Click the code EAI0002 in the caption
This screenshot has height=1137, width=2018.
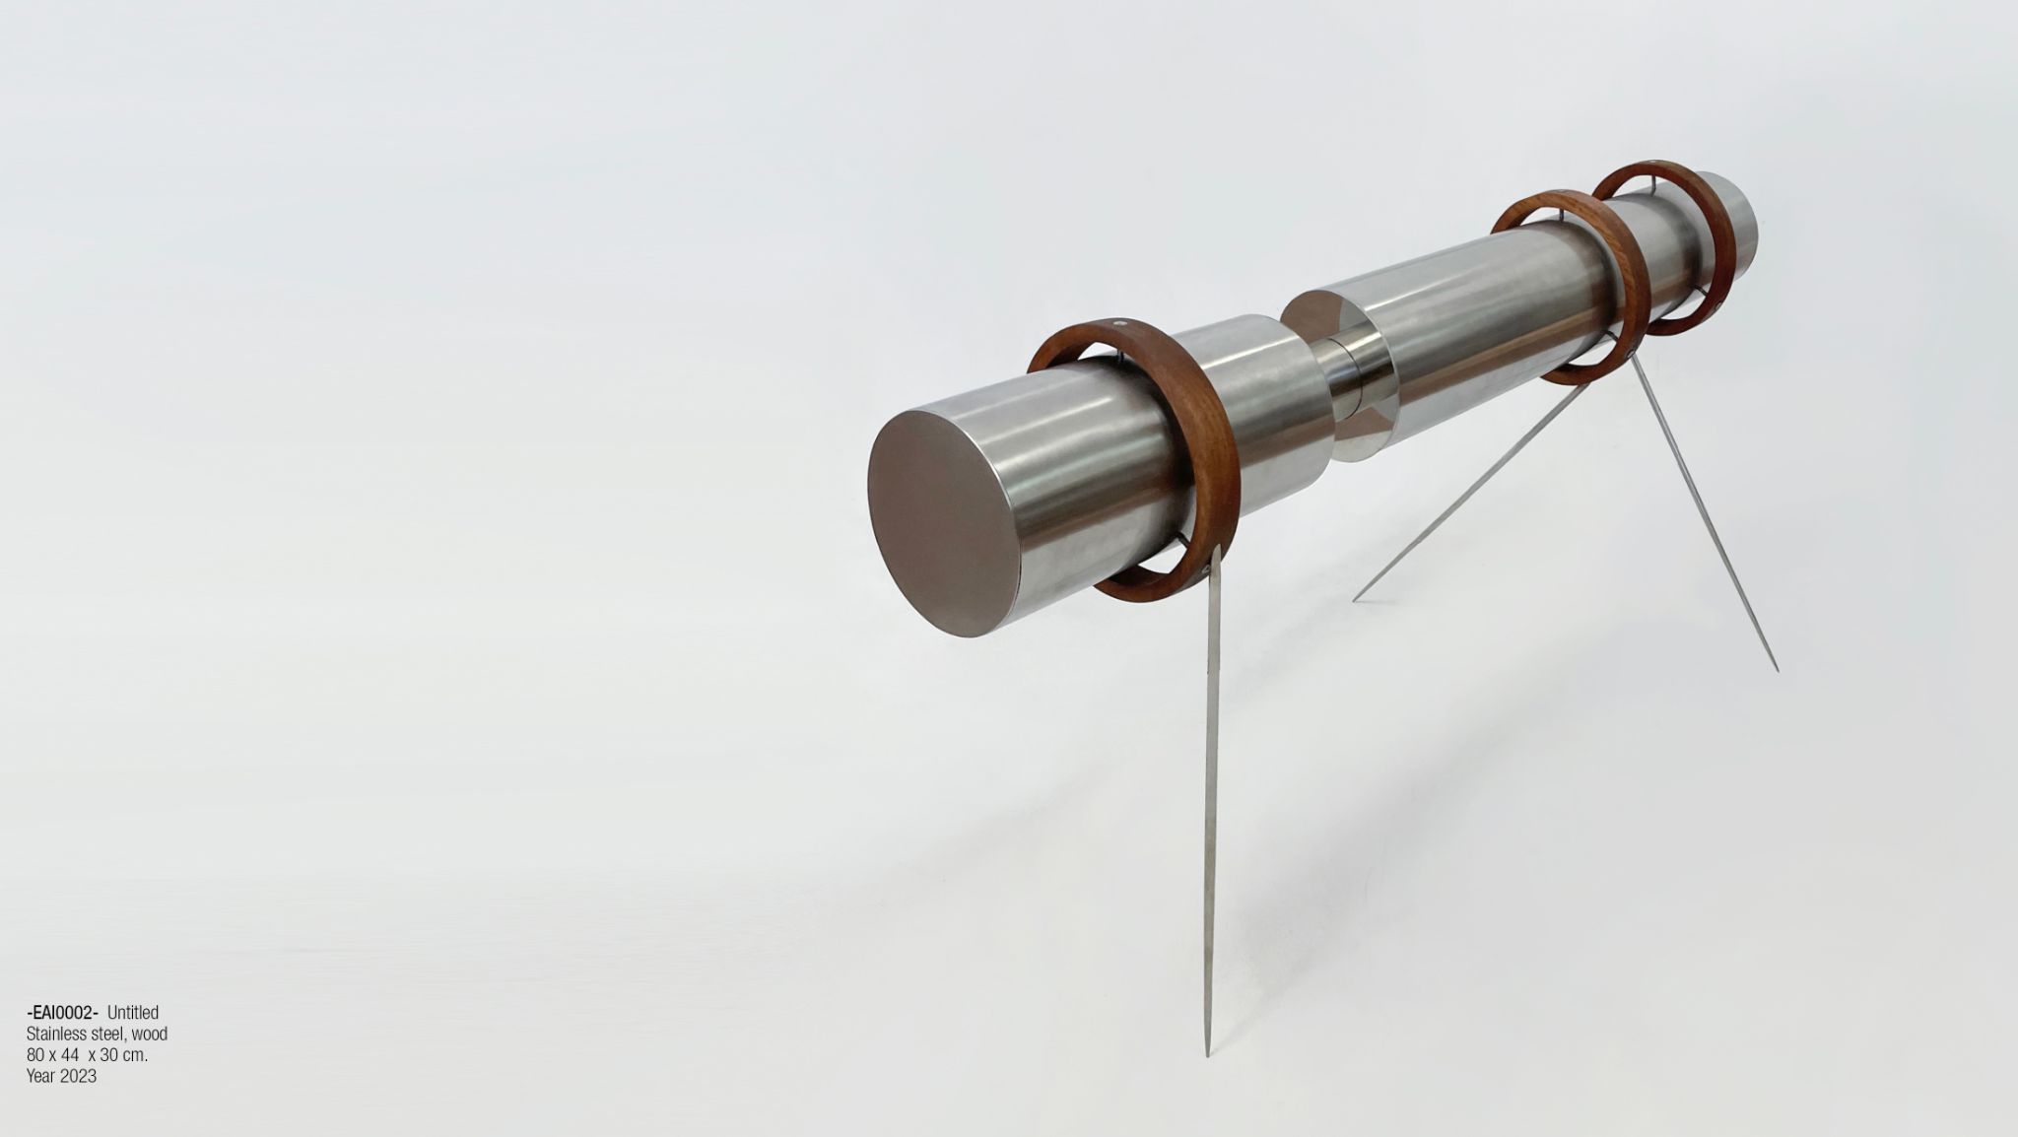[x=61, y=1013]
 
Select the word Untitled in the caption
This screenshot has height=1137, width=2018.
[x=133, y=1013]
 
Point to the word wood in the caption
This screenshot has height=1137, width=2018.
[x=149, y=1034]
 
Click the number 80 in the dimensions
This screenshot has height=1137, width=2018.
[x=35, y=1055]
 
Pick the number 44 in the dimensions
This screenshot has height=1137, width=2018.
[x=70, y=1055]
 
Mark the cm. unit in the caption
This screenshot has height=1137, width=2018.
[x=135, y=1055]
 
